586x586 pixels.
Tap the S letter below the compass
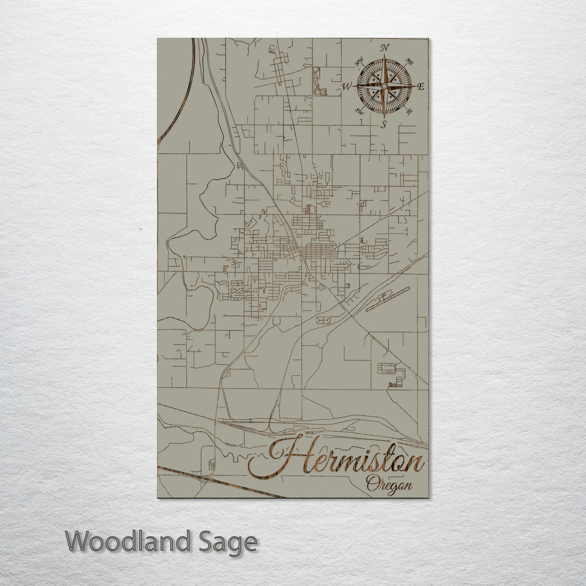[x=383, y=124]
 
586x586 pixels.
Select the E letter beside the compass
[x=421, y=86]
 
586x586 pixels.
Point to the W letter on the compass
[x=347, y=86]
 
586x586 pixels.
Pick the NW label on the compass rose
[x=359, y=62]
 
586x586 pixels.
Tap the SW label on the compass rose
[x=359, y=111]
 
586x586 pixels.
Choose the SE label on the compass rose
[x=409, y=111]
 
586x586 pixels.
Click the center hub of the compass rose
[x=384, y=86]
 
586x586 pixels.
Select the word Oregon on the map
[x=388, y=483]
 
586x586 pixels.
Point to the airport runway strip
[x=387, y=300]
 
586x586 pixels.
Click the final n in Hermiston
[x=415, y=464]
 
